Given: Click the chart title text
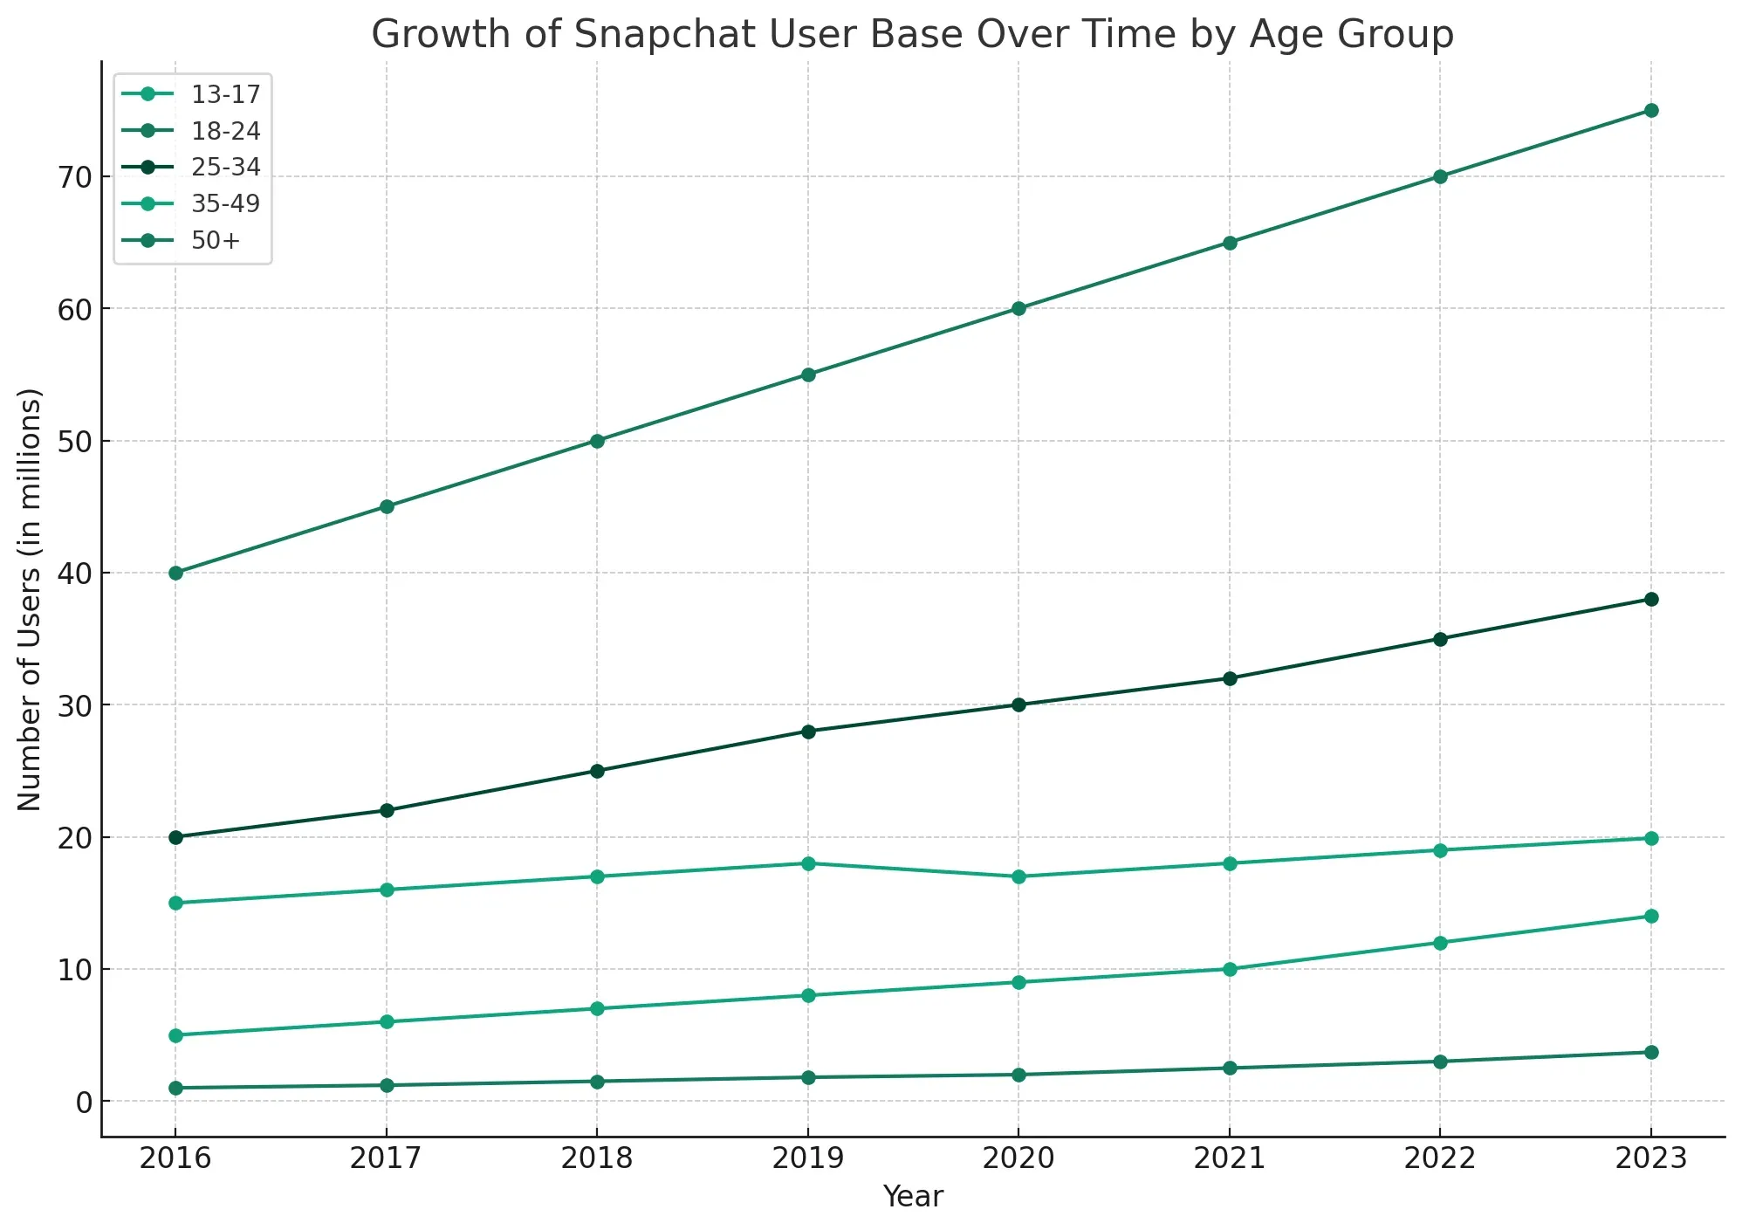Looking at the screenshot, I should click(x=912, y=35).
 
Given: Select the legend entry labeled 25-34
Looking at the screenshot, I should click(x=225, y=167).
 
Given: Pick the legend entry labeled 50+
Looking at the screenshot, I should click(x=215, y=240).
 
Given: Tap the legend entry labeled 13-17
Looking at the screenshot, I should click(x=225, y=94).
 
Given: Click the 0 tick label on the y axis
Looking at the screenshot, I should click(x=84, y=1102).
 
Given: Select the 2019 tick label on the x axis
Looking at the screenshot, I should click(x=807, y=1158).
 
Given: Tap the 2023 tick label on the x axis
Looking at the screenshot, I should click(x=1650, y=1158).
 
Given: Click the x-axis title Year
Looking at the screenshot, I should click(x=912, y=1197).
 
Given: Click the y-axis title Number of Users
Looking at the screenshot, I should click(x=30, y=599).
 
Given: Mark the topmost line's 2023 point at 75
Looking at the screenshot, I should click(x=1650, y=111).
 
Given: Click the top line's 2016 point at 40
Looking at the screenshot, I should click(x=175, y=573).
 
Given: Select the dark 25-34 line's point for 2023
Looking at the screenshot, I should click(x=1650, y=599).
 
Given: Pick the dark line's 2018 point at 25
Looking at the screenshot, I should click(x=597, y=771).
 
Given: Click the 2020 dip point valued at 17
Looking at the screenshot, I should click(x=1018, y=876).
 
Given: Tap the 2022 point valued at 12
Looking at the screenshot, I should click(x=1440, y=943).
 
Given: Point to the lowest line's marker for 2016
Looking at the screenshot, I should click(x=175, y=1088).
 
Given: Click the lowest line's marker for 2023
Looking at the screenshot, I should click(x=1650, y=1052).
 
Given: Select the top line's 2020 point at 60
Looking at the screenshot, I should click(x=1018, y=308).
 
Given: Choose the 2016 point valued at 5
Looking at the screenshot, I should click(x=175, y=1035).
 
